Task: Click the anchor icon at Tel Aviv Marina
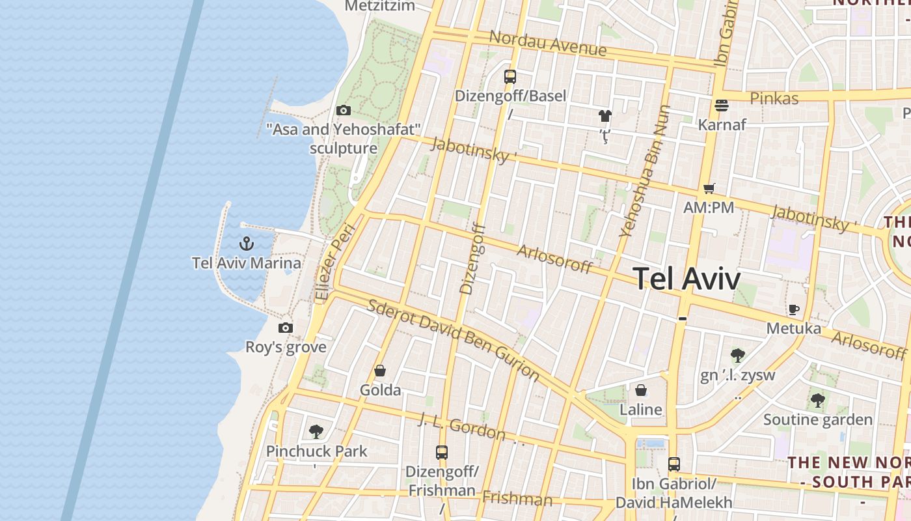(246, 244)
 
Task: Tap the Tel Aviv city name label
(687, 279)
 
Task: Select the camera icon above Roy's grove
(285, 328)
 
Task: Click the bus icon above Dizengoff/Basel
(510, 77)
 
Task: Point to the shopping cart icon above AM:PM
(709, 189)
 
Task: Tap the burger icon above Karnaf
(721, 105)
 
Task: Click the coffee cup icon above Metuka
(793, 309)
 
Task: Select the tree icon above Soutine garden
(818, 401)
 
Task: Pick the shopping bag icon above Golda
(380, 371)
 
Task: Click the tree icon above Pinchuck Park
(316, 432)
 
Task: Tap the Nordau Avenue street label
(547, 43)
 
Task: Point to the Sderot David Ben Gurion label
(454, 339)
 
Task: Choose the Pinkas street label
(774, 99)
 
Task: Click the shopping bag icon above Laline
(641, 391)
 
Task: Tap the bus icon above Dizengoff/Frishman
(442, 452)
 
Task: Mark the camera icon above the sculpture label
(343, 111)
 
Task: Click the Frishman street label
(517, 500)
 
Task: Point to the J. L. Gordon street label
(463, 426)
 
